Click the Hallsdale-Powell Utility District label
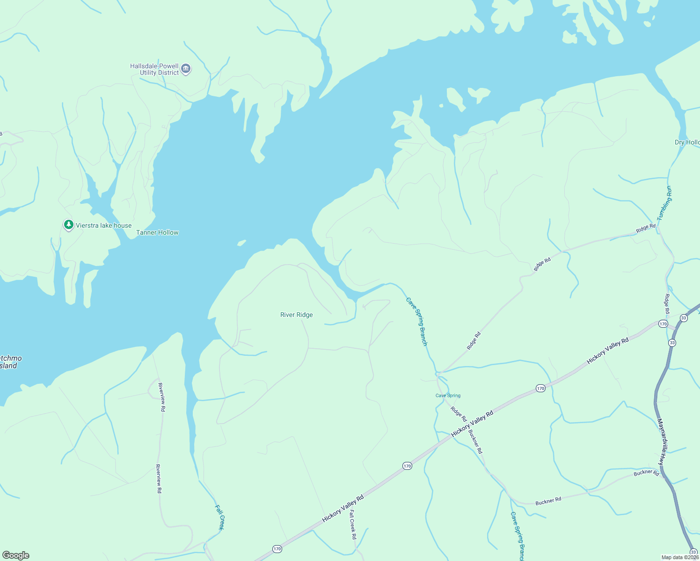154,69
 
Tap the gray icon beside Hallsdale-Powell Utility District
186,69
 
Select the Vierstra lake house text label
103,225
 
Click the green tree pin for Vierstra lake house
69,225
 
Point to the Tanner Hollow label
157,232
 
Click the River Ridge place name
296,315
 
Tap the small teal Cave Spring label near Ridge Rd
448,396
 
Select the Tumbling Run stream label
664,203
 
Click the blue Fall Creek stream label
220,517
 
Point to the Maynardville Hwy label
661,441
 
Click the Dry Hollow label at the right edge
687,142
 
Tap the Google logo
16,555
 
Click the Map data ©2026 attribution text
680,557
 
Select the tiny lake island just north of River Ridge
241,243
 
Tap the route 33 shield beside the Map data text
693,552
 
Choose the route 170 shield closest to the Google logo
277,549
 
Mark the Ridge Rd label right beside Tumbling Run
645,228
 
